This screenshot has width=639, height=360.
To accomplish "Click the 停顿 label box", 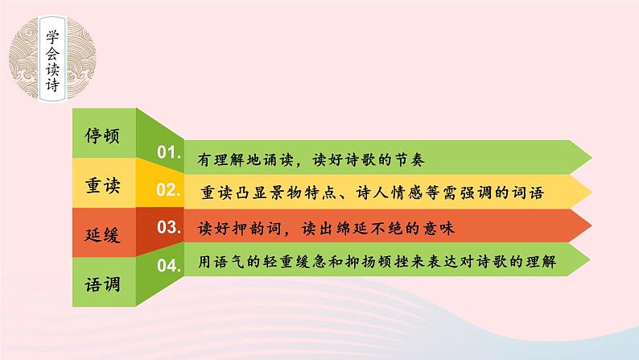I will click(x=102, y=134).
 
